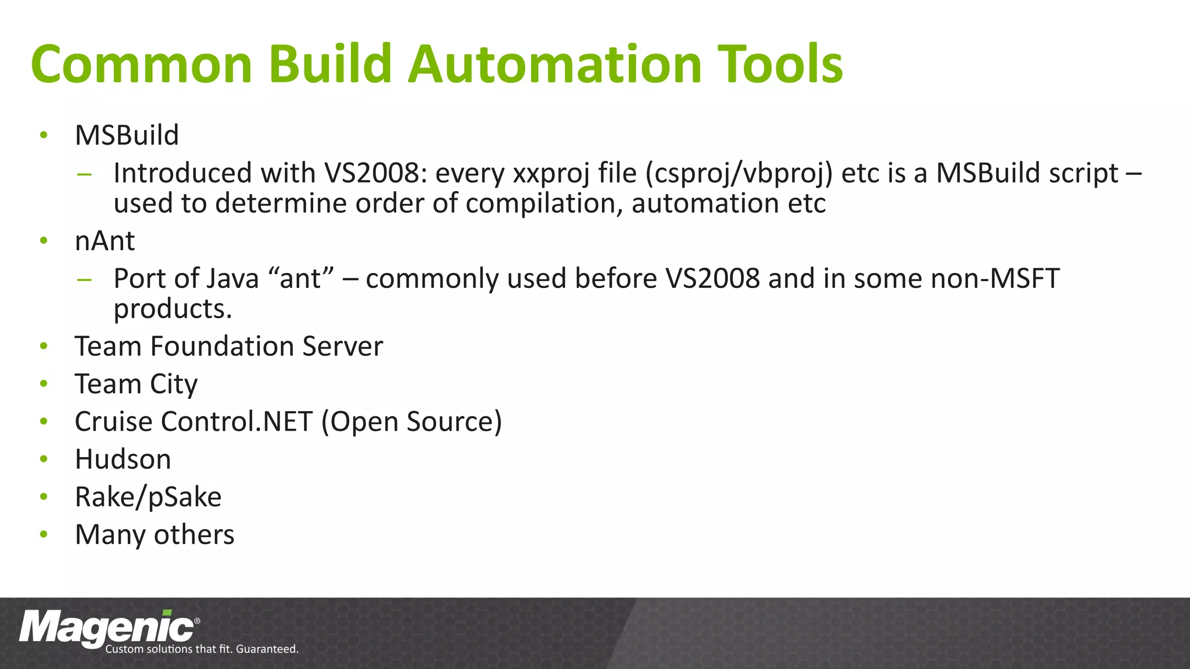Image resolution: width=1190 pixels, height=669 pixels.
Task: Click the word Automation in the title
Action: point(554,64)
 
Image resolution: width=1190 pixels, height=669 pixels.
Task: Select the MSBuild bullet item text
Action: point(127,135)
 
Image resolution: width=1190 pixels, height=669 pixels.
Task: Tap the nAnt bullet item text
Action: point(105,241)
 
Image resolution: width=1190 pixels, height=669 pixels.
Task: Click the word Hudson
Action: point(123,459)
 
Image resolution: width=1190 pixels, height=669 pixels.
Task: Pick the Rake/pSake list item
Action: point(148,497)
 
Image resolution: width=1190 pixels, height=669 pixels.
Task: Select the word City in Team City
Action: point(173,384)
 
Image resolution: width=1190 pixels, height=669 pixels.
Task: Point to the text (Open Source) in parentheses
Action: point(411,422)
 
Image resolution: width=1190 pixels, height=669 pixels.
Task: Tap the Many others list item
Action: point(155,535)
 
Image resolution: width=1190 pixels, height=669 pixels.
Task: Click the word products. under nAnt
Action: point(173,309)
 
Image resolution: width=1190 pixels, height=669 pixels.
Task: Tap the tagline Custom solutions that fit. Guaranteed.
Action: point(202,649)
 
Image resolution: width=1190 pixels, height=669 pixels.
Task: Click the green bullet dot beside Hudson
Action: point(44,459)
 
